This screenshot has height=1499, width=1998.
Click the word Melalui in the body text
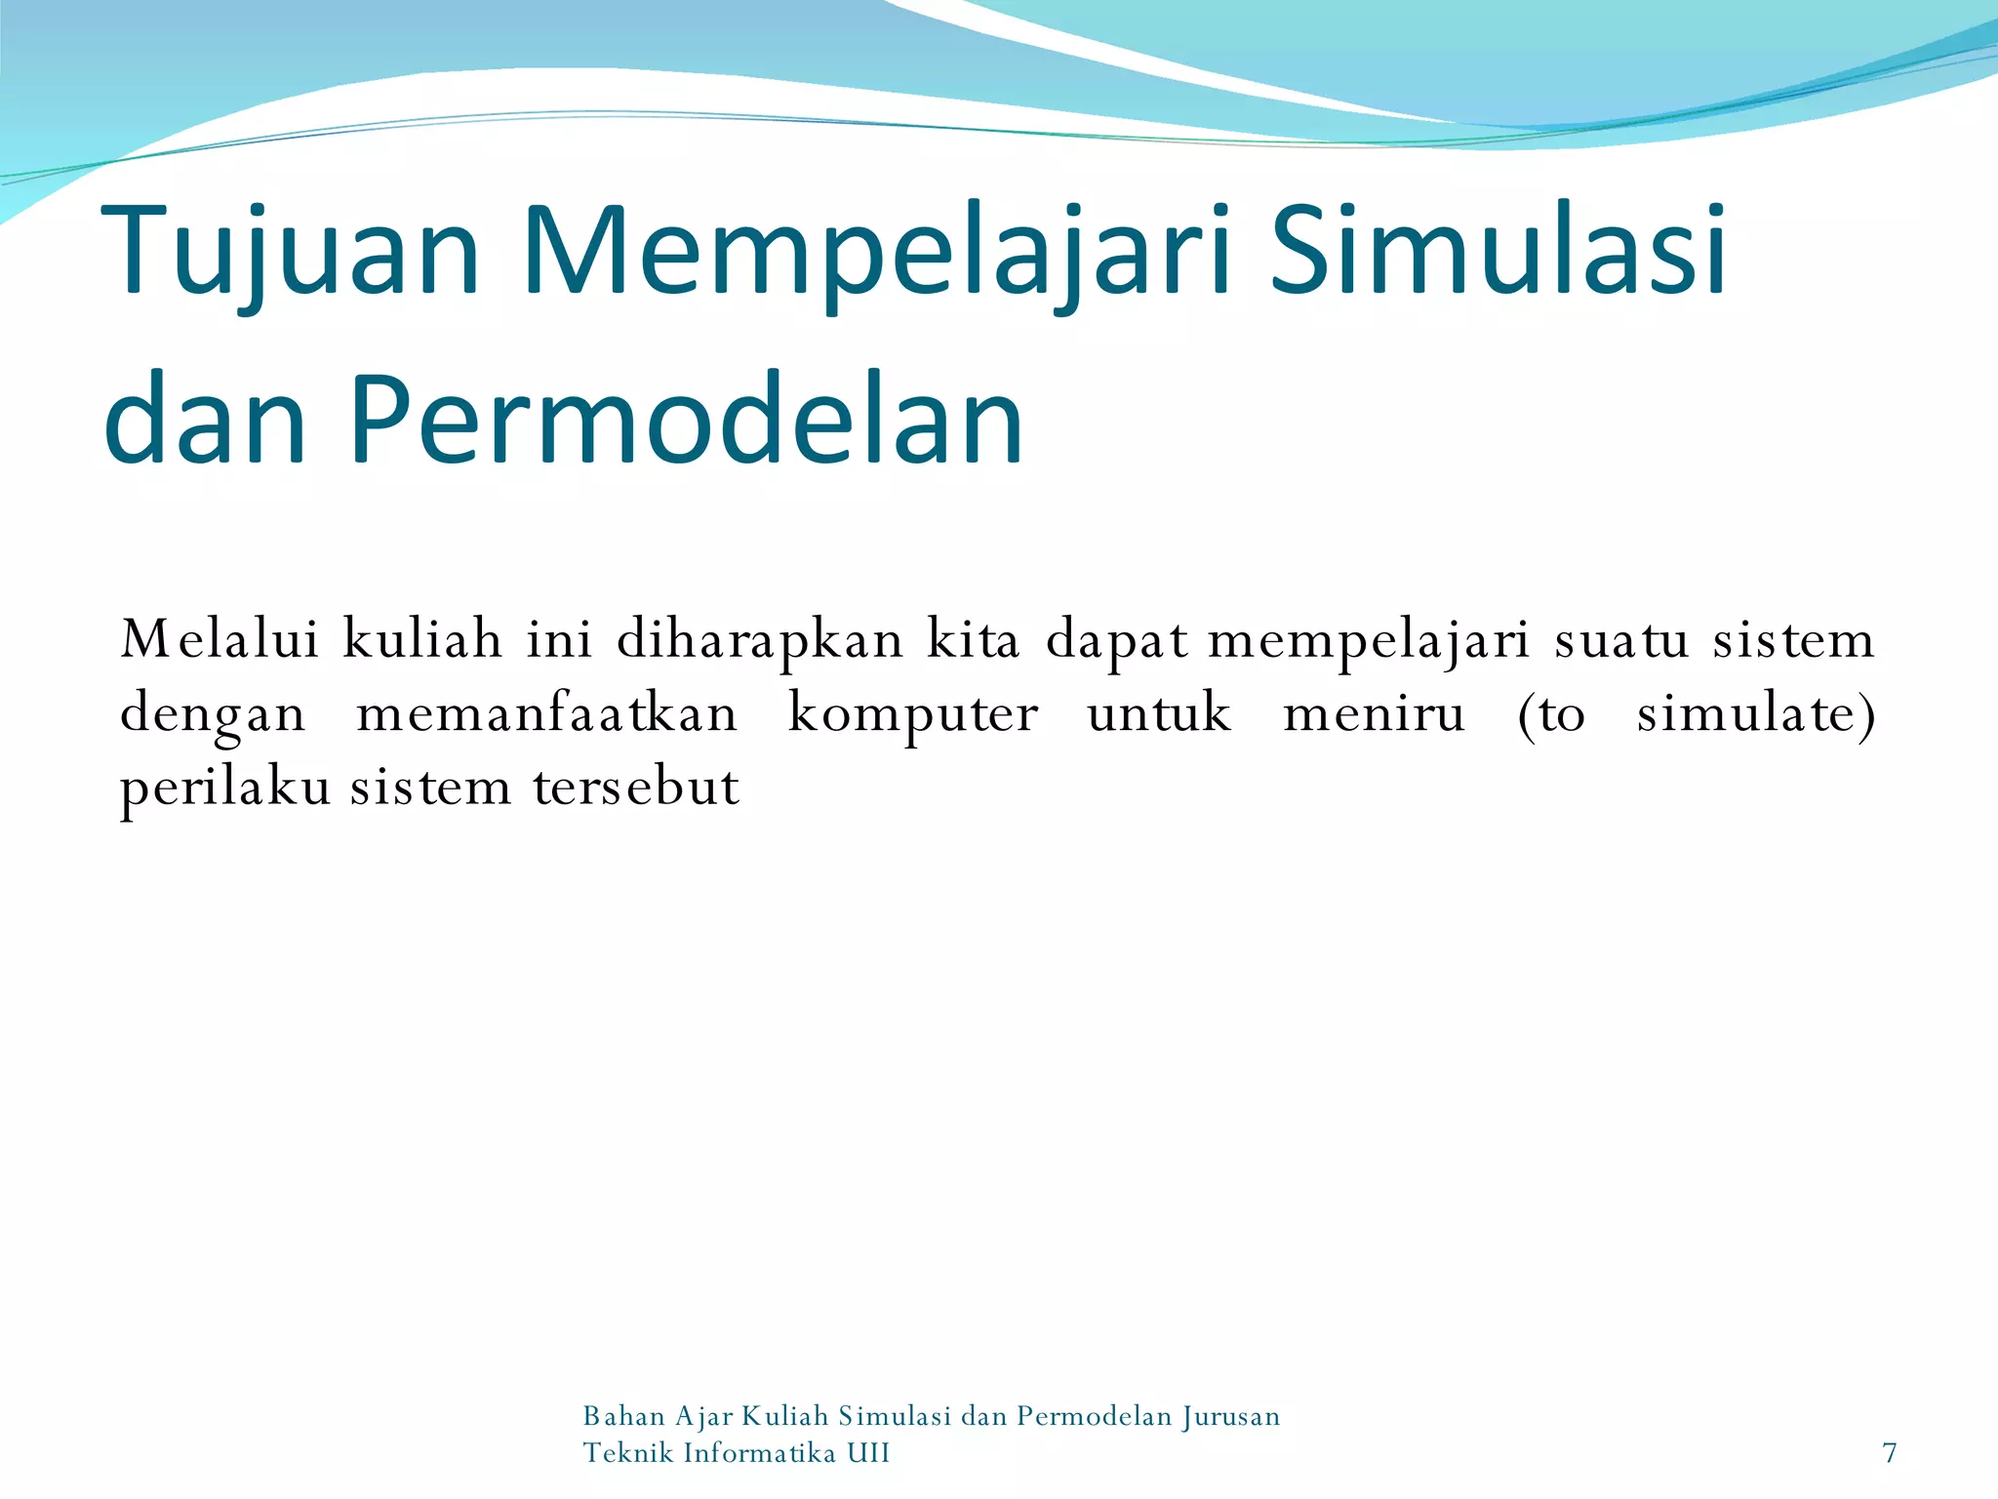220,639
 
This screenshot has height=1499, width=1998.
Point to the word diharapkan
760,641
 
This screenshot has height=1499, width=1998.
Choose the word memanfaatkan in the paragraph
546,713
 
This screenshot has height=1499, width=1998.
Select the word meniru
1374,713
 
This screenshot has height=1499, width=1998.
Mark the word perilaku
225,788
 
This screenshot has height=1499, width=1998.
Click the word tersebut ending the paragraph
636,787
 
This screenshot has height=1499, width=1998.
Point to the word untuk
1159,713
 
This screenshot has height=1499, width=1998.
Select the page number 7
1890,1453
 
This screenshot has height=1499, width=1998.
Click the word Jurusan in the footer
1231,1416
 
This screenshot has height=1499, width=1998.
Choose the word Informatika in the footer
760,1453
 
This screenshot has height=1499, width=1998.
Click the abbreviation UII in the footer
868,1453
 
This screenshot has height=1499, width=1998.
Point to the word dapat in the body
1116,641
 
